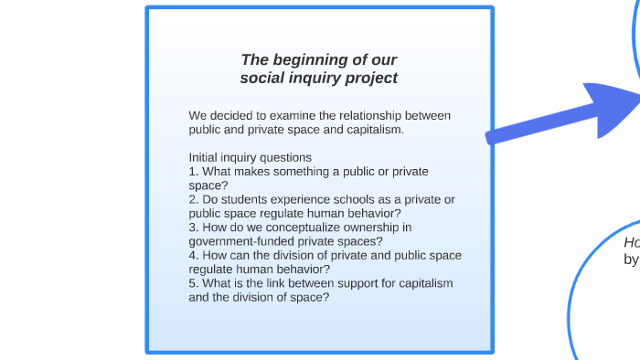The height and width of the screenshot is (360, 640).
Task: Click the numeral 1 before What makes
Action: [x=192, y=171]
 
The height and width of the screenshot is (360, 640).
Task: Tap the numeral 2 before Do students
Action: [x=192, y=199]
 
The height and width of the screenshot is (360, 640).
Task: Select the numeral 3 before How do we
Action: [x=192, y=228]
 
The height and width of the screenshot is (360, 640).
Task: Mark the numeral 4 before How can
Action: [x=192, y=256]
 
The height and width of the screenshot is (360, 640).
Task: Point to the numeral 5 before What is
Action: [x=192, y=283]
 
